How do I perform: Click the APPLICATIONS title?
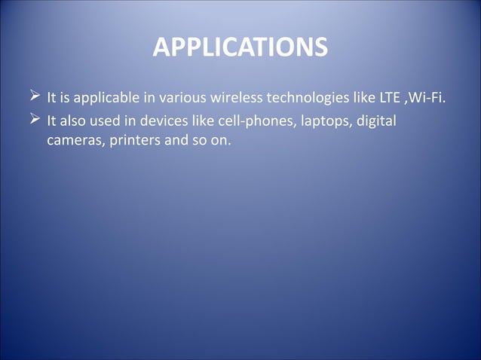coord(240,47)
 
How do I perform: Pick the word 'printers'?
coord(133,141)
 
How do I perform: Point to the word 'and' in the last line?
coord(175,141)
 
